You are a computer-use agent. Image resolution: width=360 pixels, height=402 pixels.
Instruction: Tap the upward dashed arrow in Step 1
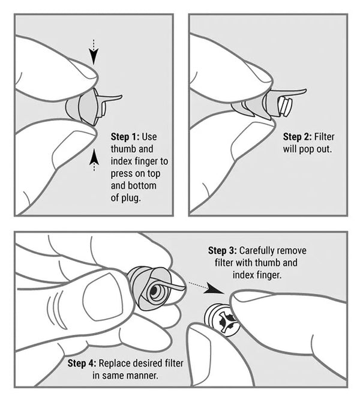[93, 161]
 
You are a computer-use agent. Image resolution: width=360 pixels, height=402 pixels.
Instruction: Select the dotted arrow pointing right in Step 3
[200, 284]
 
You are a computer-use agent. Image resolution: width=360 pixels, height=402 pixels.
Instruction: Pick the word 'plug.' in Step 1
[127, 197]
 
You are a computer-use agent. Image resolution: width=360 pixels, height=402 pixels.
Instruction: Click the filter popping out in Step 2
[283, 107]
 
